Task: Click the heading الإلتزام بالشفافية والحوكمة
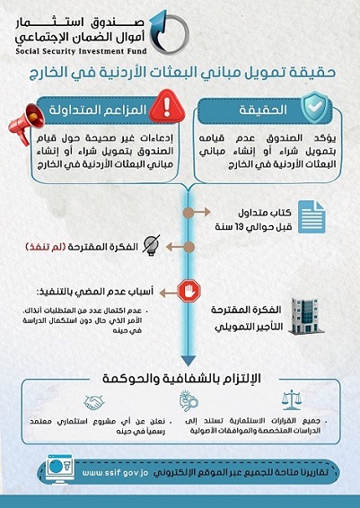point(186,374)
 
